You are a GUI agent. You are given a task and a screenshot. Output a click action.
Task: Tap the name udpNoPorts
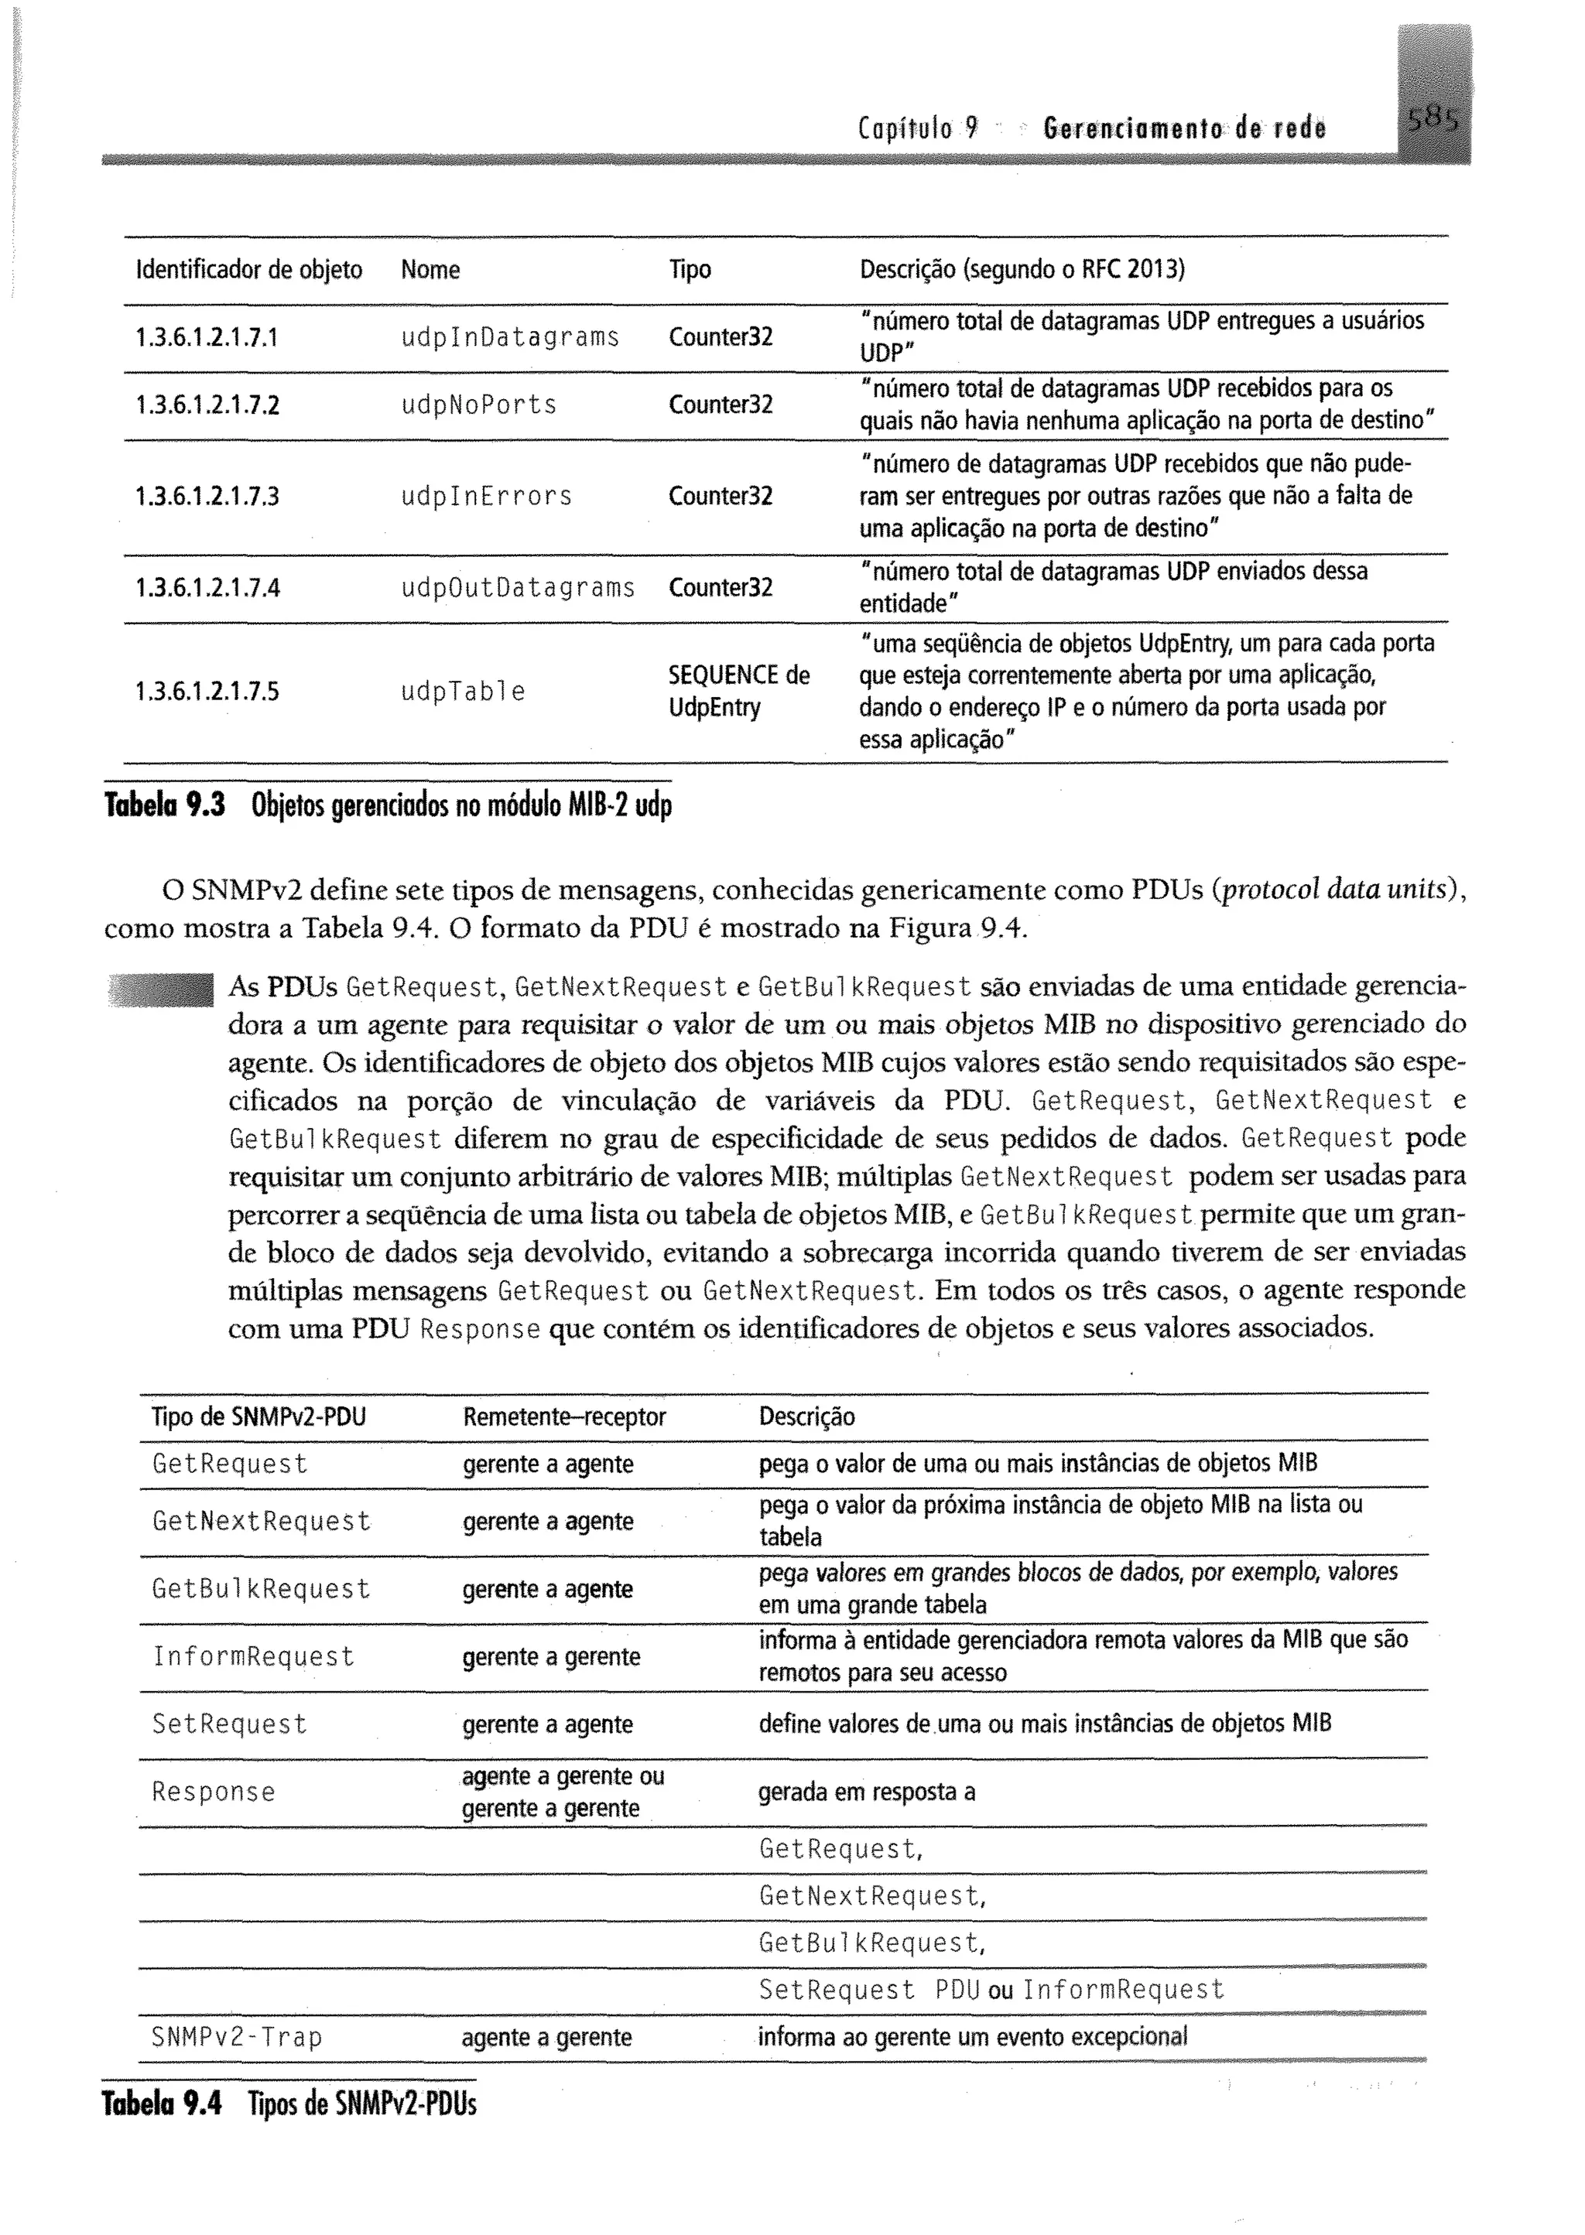tap(479, 405)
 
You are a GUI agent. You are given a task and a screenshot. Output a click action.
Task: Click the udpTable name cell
tap(464, 692)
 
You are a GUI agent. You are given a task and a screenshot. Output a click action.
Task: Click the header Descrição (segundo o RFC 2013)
tap(1021, 269)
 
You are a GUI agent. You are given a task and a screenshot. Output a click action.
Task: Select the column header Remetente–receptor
tap(564, 1417)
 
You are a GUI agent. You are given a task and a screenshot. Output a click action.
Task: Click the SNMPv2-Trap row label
tap(237, 2038)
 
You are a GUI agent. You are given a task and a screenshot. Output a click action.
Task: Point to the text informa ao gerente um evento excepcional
tap(972, 2037)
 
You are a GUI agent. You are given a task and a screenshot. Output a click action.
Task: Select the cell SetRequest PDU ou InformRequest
tap(991, 1990)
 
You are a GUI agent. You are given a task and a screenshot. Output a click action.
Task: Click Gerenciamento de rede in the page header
tap(1184, 128)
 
